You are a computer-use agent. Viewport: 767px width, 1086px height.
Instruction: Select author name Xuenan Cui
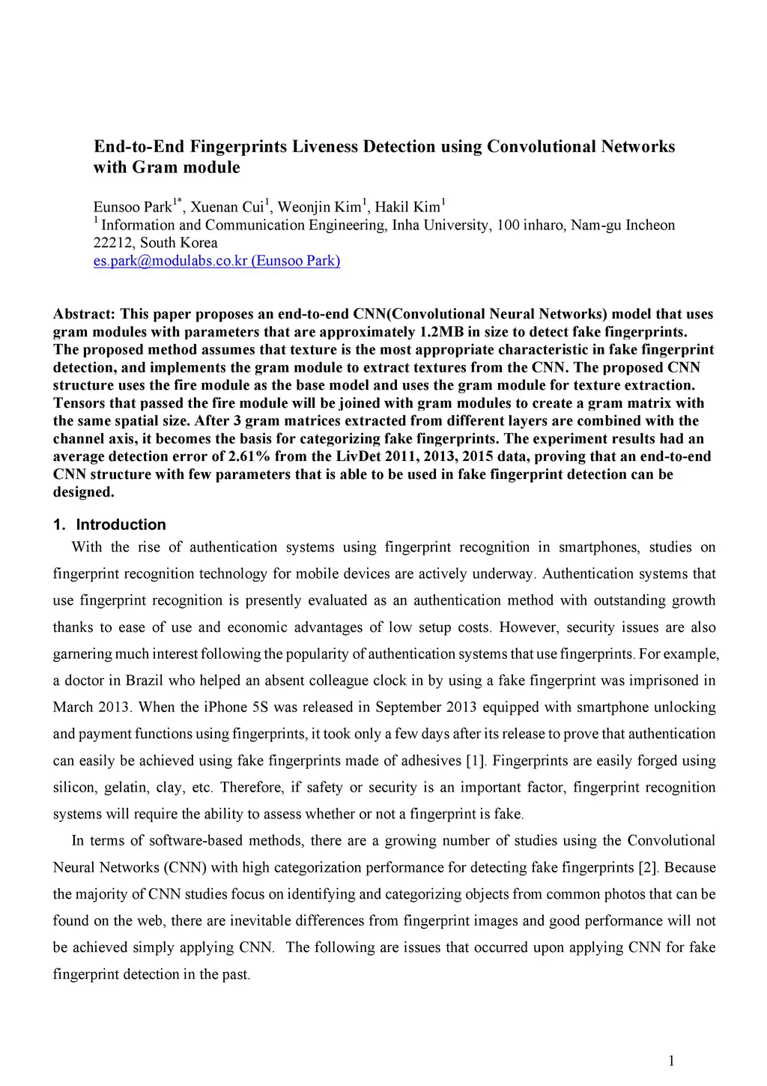[x=227, y=208]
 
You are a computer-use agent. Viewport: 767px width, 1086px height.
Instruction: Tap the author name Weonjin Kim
[x=319, y=208]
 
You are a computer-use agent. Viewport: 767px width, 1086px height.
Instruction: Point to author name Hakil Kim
[x=407, y=208]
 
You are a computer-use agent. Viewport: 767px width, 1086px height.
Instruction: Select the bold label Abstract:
[x=84, y=314]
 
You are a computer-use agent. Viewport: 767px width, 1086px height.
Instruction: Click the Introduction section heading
[x=120, y=525]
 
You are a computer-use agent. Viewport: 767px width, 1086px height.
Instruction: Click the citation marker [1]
[x=476, y=761]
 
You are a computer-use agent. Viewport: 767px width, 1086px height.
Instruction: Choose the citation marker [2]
[x=648, y=868]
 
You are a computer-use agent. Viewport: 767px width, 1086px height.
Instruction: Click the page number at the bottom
[x=671, y=1061]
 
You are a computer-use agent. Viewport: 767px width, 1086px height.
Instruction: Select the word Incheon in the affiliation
[x=650, y=226]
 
